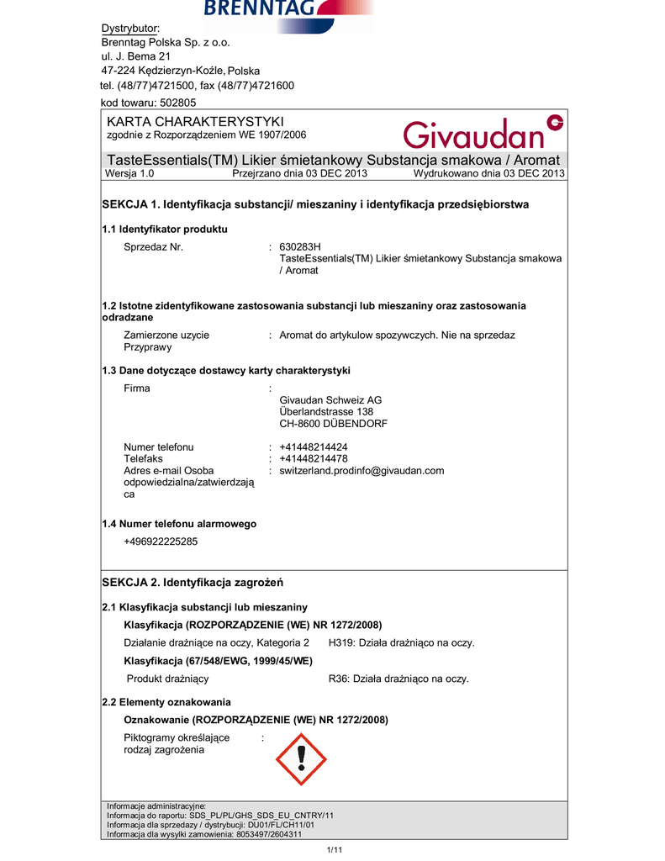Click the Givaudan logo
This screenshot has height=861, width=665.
click(x=482, y=132)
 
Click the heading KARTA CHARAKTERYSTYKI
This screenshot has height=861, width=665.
click(x=195, y=123)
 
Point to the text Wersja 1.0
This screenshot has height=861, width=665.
click(x=129, y=174)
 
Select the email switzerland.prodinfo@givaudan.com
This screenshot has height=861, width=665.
click(x=362, y=471)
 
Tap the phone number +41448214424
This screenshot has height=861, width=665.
click(x=314, y=447)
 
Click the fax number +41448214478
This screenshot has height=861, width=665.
click(x=314, y=459)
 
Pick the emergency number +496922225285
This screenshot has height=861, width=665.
click(x=161, y=541)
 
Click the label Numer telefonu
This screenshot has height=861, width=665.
click(x=158, y=447)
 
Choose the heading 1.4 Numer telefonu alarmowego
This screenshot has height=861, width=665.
click(x=179, y=524)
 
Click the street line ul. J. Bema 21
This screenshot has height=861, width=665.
click(x=136, y=56)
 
